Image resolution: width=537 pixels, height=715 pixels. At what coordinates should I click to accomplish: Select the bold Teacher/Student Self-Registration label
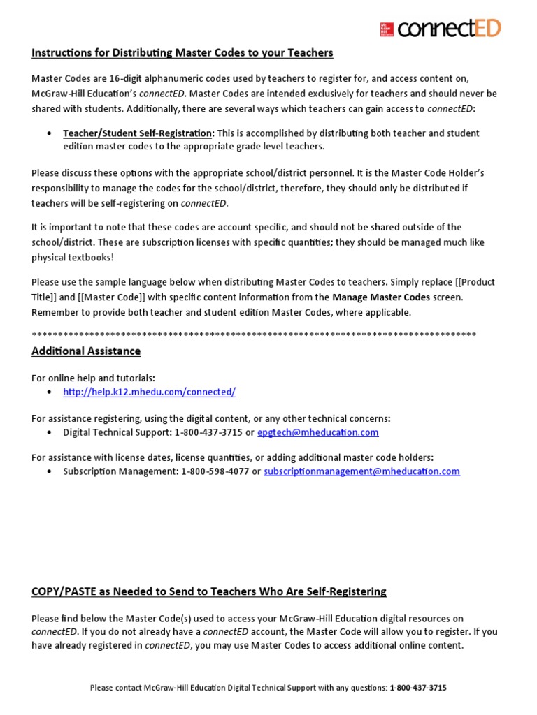(x=138, y=133)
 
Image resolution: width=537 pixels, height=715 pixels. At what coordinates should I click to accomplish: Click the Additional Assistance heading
(x=86, y=351)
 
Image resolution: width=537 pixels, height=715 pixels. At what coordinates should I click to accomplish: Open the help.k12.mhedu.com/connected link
(x=149, y=392)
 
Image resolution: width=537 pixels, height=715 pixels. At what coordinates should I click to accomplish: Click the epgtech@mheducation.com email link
(x=317, y=432)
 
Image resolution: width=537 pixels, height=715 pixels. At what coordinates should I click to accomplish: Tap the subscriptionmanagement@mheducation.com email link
(x=361, y=471)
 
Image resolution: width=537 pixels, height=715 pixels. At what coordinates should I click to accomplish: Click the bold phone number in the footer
(x=417, y=688)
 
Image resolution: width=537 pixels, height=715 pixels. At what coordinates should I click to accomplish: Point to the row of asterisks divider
(x=254, y=334)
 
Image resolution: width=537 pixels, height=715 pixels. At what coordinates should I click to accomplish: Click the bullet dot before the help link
(x=48, y=392)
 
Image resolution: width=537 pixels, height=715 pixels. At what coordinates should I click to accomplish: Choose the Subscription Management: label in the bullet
(x=120, y=471)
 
